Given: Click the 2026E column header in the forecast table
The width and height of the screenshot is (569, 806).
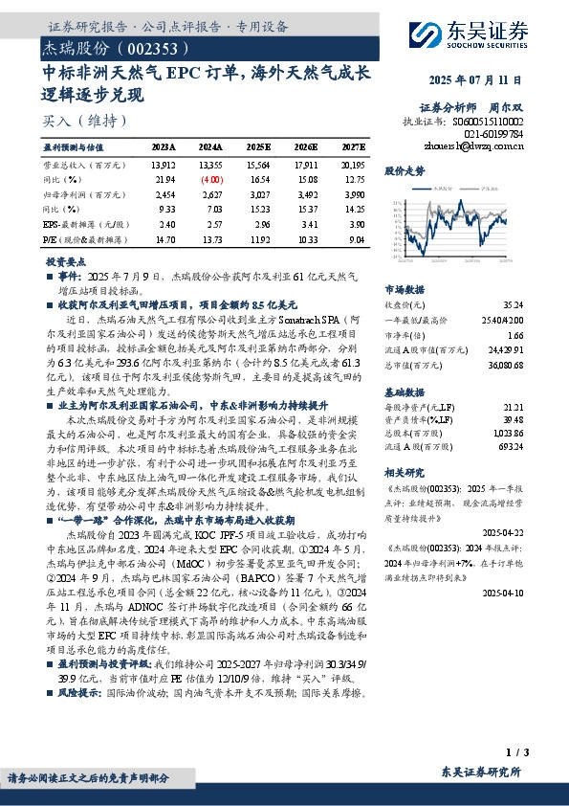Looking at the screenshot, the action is pyautogui.click(x=305, y=148).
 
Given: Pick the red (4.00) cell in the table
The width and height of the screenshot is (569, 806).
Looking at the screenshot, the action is pyautogui.click(x=210, y=179).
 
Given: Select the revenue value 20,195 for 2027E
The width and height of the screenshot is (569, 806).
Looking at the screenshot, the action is pyautogui.click(x=353, y=166).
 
